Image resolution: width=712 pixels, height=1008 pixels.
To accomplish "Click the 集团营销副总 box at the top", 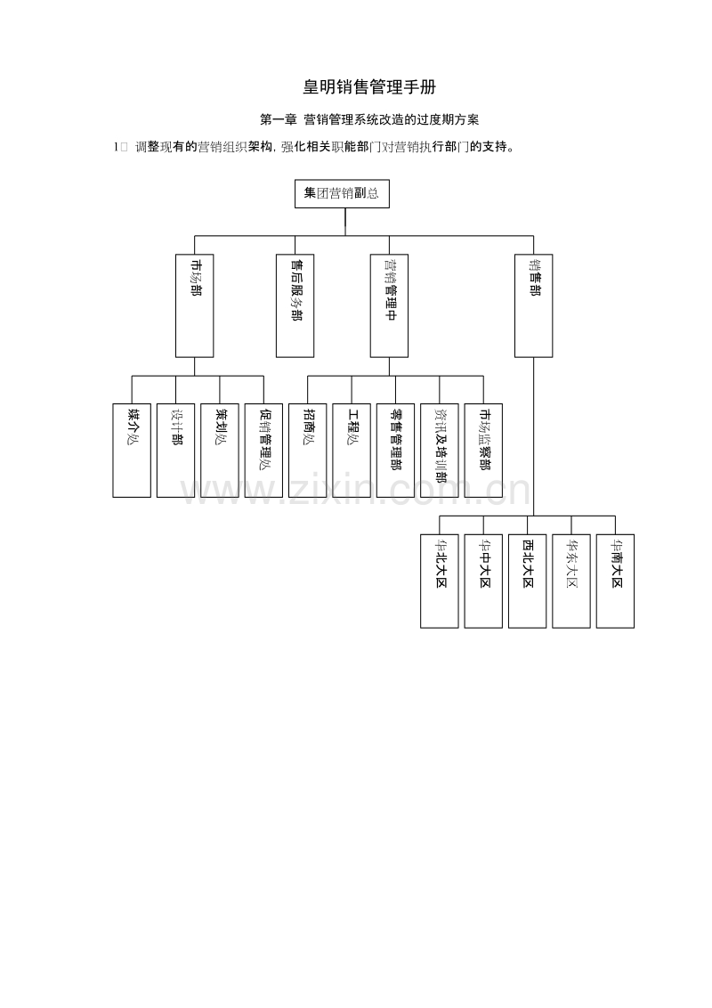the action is [x=342, y=193].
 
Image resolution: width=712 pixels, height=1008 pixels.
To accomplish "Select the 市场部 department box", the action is [x=195, y=305].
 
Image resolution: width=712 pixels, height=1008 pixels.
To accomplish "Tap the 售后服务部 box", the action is [x=295, y=305].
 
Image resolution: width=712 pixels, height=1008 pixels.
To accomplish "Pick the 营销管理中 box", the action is [x=389, y=305].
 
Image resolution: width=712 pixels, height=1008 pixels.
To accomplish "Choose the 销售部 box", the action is [x=533, y=305].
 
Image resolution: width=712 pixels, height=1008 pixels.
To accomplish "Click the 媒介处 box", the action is [x=132, y=450].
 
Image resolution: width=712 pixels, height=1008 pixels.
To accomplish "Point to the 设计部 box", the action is [x=175, y=450].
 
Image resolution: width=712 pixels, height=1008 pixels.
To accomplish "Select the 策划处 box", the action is [x=220, y=450].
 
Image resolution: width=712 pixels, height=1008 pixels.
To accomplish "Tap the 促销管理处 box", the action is [x=263, y=450].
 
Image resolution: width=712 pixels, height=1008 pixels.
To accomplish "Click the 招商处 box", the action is [x=308, y=450].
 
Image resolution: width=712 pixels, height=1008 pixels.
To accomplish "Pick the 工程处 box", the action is [x=352, y=450].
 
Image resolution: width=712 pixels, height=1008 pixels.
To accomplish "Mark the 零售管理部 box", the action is [x=395, y=450].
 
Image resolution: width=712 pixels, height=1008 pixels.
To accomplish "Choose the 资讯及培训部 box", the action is [x=440, y=450].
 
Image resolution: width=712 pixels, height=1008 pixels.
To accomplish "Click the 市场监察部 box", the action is [x=483, y=450].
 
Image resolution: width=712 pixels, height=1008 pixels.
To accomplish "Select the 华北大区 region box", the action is [x=440, y=581].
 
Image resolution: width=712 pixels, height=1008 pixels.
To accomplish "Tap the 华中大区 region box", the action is [x=483, y=581].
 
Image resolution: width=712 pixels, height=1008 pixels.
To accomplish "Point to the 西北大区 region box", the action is [x=528, y=581].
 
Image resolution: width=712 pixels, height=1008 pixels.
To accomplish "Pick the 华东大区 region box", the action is [x=571, y=581].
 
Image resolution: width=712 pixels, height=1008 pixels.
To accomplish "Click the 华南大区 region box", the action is [x=615, y=581].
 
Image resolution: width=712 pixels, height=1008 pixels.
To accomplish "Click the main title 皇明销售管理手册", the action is [x=369, y=86].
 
